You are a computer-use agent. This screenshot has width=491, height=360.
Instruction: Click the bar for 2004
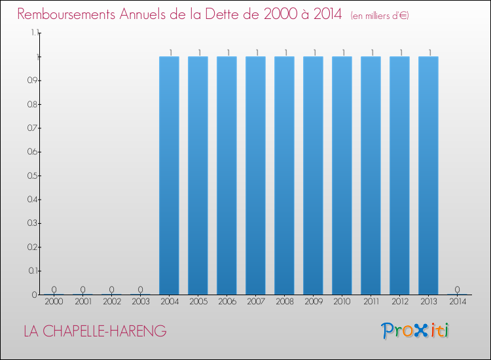click(x=169, y=175)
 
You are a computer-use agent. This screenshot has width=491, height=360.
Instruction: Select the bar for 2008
click(x=284, y=175)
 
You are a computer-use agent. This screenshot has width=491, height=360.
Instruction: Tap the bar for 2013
click(x=428, y=175)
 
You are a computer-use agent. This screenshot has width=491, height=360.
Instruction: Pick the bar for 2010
click(x=342, y=175)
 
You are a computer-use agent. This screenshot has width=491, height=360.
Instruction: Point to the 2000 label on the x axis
click(x=54, y=302)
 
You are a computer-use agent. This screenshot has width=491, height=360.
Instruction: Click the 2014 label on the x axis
click(x=457, y=302)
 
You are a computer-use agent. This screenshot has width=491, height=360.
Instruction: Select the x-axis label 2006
click(x=227, y=302)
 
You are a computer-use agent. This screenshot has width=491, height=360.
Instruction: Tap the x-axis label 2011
click(x=371, y=302)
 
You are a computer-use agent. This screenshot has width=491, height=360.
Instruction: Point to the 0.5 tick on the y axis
click(x=31, y=175)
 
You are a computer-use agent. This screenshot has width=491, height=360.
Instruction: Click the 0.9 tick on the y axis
click(x=31, y=81)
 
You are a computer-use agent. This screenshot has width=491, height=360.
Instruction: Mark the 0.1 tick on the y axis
click(x=31, y=270)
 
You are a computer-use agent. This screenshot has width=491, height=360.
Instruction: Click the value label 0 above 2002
click(x=111, y=289)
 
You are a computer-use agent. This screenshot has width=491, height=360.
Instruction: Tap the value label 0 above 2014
click(x=457, y=289)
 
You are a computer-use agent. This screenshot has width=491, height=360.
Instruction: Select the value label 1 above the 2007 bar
click(x=257, y=52)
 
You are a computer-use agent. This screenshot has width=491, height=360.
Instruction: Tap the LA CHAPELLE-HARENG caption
click(x=95, y=332)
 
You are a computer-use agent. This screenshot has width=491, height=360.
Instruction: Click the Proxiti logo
click(x=416, y=331)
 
